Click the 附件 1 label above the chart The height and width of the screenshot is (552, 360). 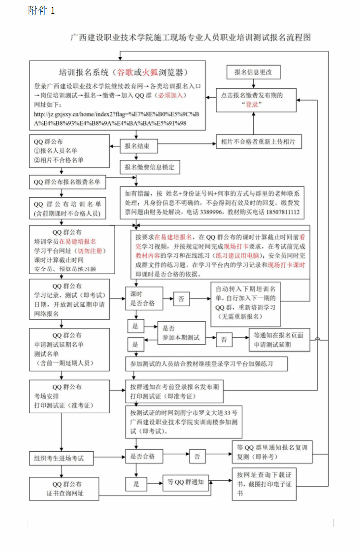(41, 11)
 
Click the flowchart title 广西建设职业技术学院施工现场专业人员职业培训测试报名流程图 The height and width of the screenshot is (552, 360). (191, 38)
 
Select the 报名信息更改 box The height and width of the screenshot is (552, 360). (253, 72)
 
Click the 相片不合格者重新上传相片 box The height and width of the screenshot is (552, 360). (259, 142)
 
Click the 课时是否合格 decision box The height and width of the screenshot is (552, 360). (144, 298)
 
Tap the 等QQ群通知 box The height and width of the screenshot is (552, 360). (186, 482)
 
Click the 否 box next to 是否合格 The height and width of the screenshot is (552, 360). (197, 457)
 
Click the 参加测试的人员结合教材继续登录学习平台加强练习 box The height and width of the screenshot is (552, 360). (206, 364)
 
